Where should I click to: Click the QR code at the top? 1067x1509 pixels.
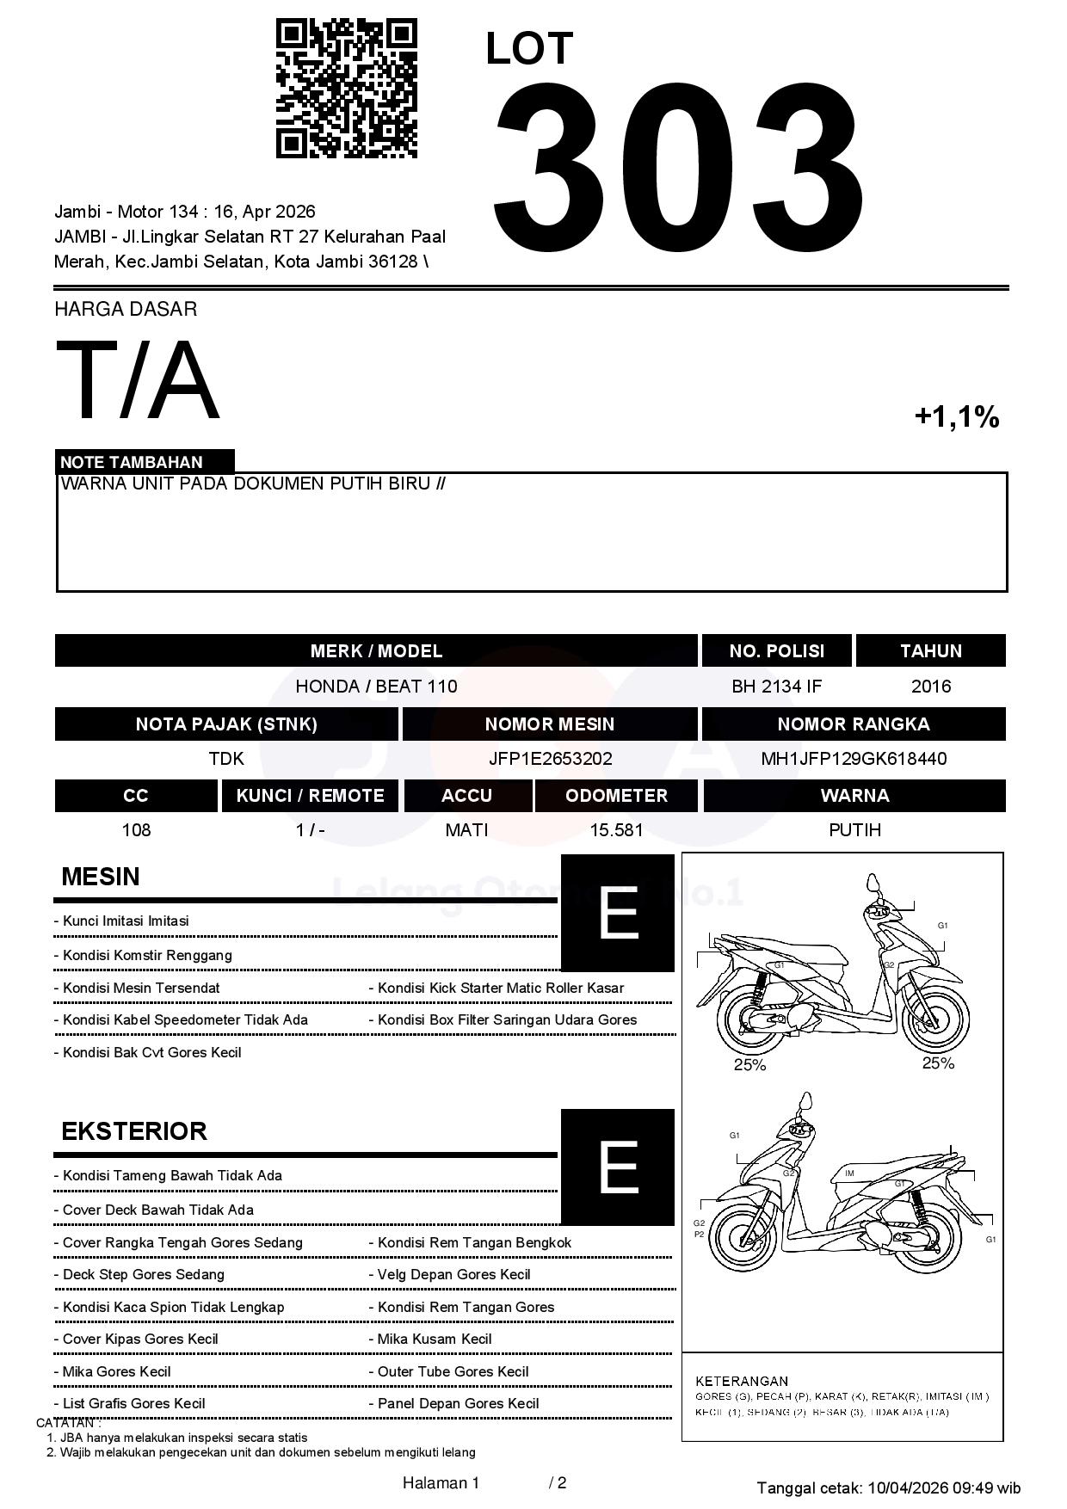click(346, 89)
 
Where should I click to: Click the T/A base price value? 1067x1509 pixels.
click(137, 380)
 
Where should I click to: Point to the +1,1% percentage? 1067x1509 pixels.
click(956, 417)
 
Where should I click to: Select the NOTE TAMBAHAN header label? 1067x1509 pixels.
click(132, 462)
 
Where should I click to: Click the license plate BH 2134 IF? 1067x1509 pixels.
click(776, 687)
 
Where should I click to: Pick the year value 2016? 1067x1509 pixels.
click(930, 687)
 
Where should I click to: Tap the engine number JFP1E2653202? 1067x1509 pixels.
click(550, 759)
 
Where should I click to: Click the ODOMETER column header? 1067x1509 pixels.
click(616, 796)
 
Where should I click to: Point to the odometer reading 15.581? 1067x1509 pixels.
click(616, 830)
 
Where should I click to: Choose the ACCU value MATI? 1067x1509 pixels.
click(466, 830)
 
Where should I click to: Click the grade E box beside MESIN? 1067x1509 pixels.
click(618, 913)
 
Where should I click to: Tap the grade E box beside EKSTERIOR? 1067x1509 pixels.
click(618, 1167)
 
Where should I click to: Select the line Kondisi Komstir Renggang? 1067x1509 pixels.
click(147, 955)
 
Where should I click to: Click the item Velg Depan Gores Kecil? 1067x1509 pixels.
click(453, 1274)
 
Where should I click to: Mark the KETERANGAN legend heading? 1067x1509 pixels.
click(742, 1381)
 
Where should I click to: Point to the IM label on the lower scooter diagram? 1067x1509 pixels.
click(849, 1173)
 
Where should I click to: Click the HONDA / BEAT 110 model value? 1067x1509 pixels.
click(376, 687)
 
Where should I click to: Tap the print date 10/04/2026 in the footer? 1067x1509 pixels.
click(908, 1487)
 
